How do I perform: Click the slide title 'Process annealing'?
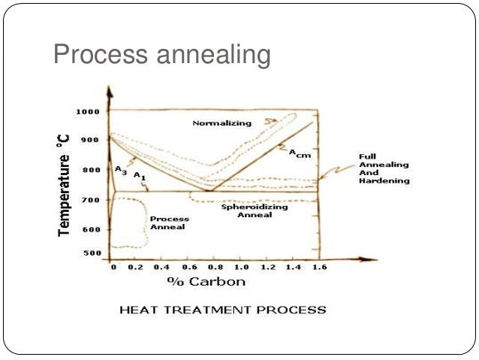161,55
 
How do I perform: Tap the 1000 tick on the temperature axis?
88,111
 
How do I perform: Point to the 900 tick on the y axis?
90,140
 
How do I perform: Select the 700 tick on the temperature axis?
90,200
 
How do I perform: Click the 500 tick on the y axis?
90,253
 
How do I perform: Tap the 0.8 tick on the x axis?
214,268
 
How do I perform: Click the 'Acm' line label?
299,153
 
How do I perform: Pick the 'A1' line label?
138,175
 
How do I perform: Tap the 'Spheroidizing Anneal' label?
245,210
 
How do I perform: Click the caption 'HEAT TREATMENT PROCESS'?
224,310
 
